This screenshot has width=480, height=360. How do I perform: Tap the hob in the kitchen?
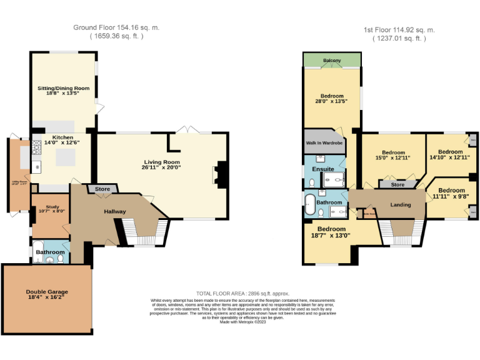tap(37, 148)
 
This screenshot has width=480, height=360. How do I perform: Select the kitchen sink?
tap(37, 166)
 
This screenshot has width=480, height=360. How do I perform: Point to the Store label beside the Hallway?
tap(102, 189)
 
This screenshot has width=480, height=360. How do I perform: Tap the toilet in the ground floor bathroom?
tap(61, 258)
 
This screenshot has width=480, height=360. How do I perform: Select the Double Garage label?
tap(47, 292)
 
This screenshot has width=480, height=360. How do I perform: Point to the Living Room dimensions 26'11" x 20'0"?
tap(161, 167)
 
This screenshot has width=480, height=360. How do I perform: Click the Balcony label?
tap(332, 61)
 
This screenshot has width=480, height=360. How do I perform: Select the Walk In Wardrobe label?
tap(324, 143)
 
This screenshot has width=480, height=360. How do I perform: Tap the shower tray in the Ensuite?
tap(335, 180)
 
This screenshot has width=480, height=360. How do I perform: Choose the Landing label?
tap(400, 205)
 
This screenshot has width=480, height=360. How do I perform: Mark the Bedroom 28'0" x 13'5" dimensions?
tap(332, 101)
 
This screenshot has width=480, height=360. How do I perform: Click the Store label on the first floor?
tap(397, 184)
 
